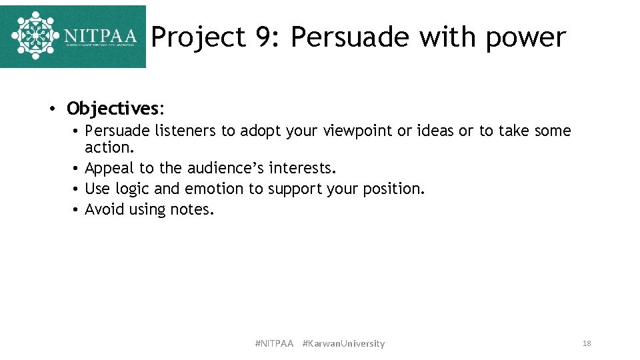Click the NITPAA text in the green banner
(x=100, y=35)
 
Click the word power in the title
(x=525, y=37)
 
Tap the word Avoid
(x=105, y=209)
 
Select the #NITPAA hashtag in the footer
(x=274, y=343)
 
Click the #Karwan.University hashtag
(x=343, y=343)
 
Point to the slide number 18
(x=587, y=343)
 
